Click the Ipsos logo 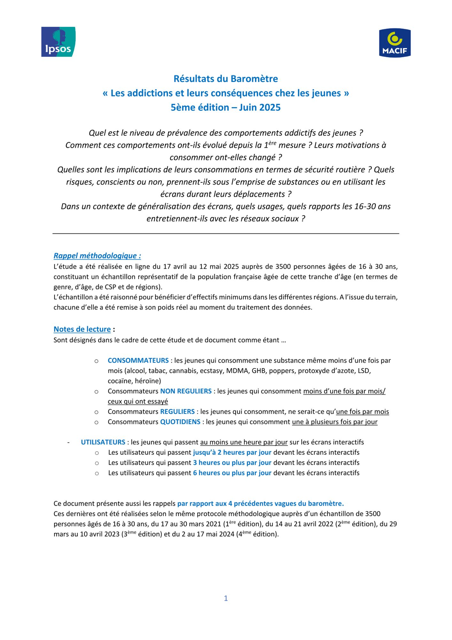coord(58,42)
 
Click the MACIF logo coord(395,43)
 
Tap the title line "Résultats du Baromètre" coord(226,79)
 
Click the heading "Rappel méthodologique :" coord(97,256)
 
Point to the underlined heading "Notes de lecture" coord(82,329)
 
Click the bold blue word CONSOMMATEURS coord(138,361)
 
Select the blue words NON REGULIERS coord(186,391)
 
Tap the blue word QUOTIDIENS coord(180,422)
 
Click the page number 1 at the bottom coord(226,598)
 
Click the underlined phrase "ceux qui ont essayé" coord(138,402)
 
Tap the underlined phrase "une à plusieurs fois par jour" coord(334,422)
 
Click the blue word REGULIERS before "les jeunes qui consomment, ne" coord(177,412)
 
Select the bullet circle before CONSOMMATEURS coord(96,361)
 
